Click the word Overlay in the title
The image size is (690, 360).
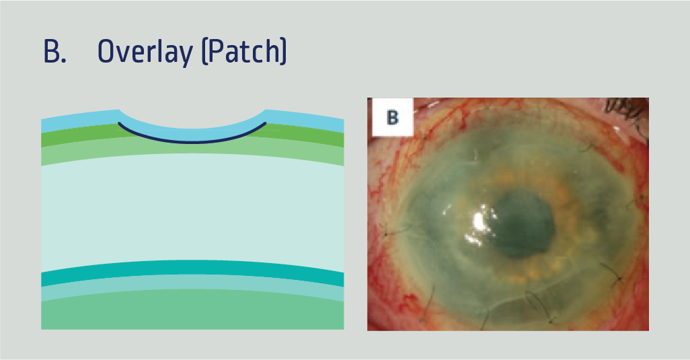[x=144, y=52]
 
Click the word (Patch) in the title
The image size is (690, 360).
[x=244, y=52]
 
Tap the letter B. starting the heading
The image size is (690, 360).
[x=54, y=52]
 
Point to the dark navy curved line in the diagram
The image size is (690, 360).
[x=192, y=141]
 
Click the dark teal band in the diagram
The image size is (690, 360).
[x=192, y=267]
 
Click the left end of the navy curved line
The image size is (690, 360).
[x=120, y=123]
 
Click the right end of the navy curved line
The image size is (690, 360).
[x=265, y=123]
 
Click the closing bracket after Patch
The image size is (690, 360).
[x=283, y=52]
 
